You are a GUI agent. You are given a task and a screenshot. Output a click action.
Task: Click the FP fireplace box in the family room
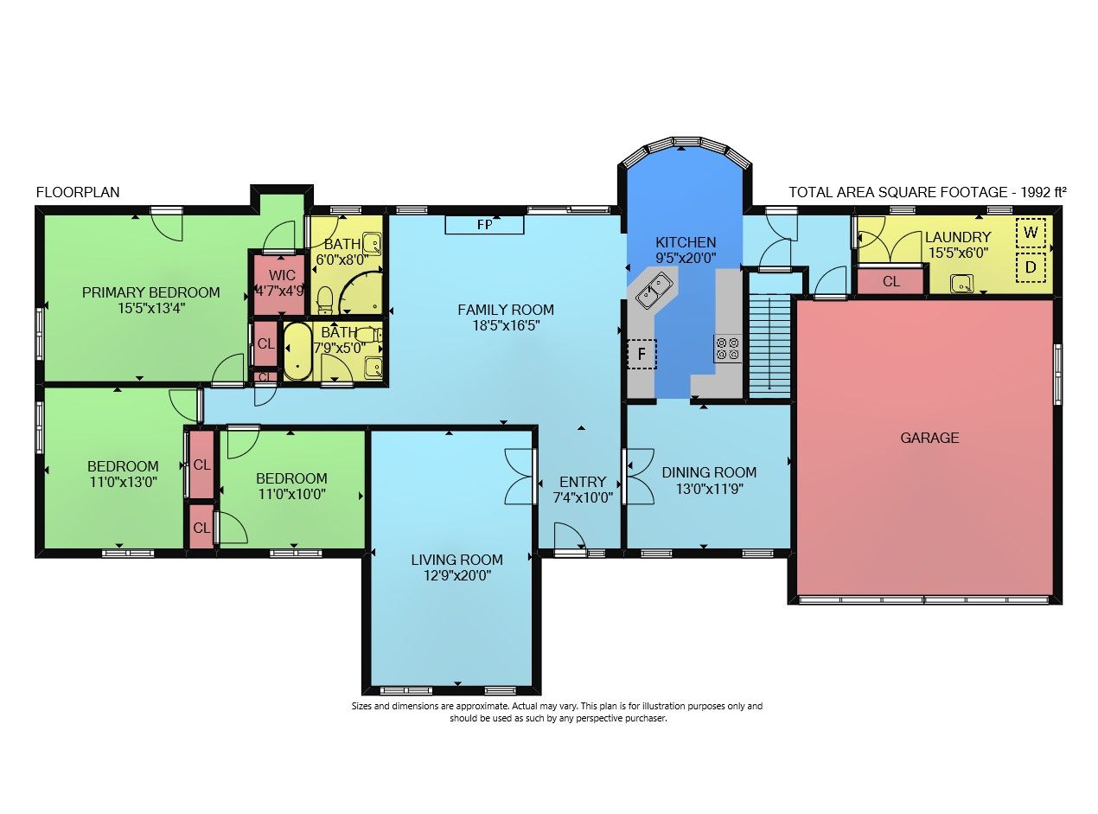pyautogui.click(x=484, y=224)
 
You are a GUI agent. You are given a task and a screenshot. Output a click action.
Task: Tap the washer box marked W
pyautogui.click(x=1031, y=233)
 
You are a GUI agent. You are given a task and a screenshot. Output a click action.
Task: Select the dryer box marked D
pyautogui.click(x=1031, y=267)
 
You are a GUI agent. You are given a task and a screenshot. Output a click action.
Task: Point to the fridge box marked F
pyautogui.click(x=642, y=354)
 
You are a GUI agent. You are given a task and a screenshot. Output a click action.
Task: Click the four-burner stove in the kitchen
pyautogui.click(x=728, y=349)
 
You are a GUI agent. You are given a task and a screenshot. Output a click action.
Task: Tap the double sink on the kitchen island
pyautogui.click(x=654, y=291)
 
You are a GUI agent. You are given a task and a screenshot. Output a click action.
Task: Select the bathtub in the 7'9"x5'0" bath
pyautogui.click(x=297, y=351)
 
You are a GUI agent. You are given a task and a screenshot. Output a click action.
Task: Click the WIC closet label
pyautogui.click(x=282, y=275)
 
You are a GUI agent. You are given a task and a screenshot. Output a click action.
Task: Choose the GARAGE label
pyautogui.click(x=929, y=438)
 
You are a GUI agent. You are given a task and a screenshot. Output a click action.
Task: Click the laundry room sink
pyautogui.click(x=962, y=285)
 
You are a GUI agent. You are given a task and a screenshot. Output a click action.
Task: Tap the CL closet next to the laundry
pyautogui.click(x=891, y=281)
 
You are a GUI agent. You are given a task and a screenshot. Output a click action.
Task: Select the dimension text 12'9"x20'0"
pyautogui.click(x=456, y=576)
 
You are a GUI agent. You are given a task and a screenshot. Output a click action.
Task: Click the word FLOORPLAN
pyautogui.click(x=78, y=192)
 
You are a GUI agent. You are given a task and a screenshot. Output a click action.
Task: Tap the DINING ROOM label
pyautogui.click(x=709, y=472)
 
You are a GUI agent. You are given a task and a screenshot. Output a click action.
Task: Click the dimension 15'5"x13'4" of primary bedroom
pyautogui.click(x=151, y=308)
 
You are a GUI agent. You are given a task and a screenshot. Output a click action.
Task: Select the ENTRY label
pyautogui.click(x=583, y=482)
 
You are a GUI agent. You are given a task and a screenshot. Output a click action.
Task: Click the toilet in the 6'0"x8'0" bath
pyautogui.click(x=325, y=301)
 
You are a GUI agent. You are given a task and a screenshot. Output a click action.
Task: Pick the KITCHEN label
pyautogui.click(x=686, y=242)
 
